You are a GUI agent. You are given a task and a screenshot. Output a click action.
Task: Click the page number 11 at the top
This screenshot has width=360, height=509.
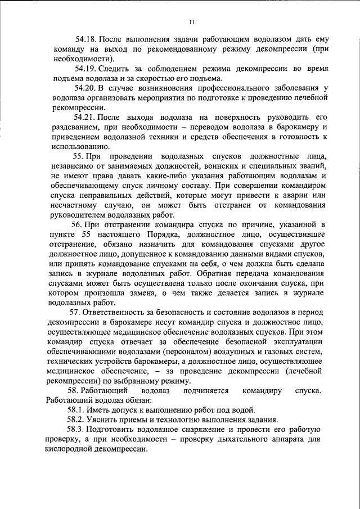[191, 22]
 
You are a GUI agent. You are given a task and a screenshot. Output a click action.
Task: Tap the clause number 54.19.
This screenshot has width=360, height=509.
[86, 69]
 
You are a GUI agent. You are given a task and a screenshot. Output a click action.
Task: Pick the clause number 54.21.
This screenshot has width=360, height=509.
[86, 117]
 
